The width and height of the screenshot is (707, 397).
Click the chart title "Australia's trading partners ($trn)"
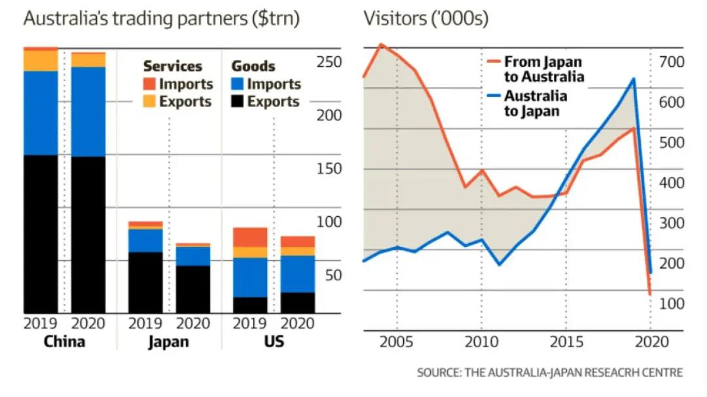(161, 18)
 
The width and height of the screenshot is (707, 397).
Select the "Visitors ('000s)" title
(426, 18)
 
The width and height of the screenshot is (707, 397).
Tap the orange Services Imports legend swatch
(149, 84)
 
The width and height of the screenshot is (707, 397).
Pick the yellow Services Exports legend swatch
(149, 102)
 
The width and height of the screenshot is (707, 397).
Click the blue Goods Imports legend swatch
(238, 84)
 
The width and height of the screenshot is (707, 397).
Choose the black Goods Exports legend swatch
(238, 102)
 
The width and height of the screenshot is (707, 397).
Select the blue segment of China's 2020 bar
(88, 111)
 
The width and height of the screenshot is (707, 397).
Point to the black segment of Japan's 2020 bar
(193, 289)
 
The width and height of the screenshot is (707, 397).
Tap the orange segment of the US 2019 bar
(250, 237)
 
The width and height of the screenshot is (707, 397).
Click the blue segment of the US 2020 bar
(298, 274)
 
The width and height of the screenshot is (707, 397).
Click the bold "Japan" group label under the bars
(169, 341)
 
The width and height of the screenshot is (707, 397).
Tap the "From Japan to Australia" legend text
(543, 69)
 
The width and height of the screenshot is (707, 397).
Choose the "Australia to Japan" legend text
(535, 103)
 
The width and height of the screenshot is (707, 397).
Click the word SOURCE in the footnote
(438, 372)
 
